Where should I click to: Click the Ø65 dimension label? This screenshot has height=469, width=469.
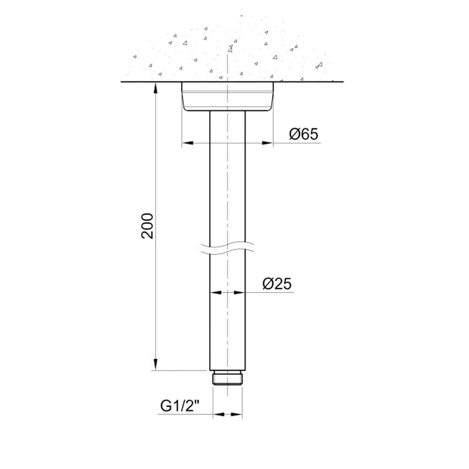click(x=304, y=134)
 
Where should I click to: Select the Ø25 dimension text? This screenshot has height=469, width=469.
click(x=277, y=284)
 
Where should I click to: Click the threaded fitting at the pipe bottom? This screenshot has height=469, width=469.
click(x=227, y=377)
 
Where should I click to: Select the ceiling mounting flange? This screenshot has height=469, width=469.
click(x=227, y=97)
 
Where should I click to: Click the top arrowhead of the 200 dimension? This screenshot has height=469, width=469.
click(x=155, y=87)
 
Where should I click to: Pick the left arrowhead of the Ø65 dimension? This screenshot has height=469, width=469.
click(x=187, y=142)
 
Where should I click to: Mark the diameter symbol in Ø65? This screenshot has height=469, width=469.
click(x=295, y=134)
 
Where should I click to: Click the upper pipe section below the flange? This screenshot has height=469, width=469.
click(x=227, y=176)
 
